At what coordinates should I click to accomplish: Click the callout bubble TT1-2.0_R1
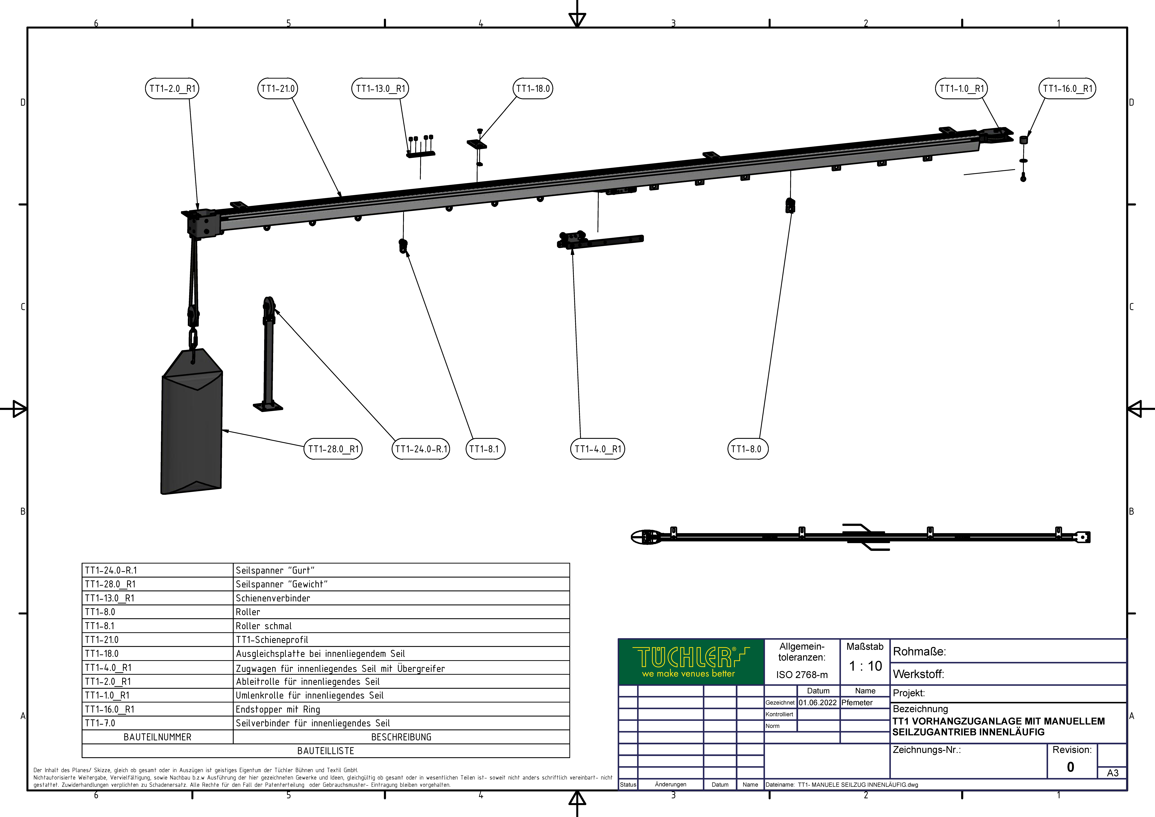point(172,89)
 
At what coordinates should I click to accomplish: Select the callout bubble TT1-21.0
point(278,89)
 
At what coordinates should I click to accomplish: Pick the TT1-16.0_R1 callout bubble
point(1067,89)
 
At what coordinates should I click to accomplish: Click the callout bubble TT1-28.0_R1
point(333,449)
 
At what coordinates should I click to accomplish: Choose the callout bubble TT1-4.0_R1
point(598,449)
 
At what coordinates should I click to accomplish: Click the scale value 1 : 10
point(865,666)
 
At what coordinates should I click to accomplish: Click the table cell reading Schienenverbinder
point(273,598)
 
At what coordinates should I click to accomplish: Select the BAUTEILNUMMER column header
point(157,737)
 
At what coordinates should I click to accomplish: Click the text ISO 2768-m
point(802,675)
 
